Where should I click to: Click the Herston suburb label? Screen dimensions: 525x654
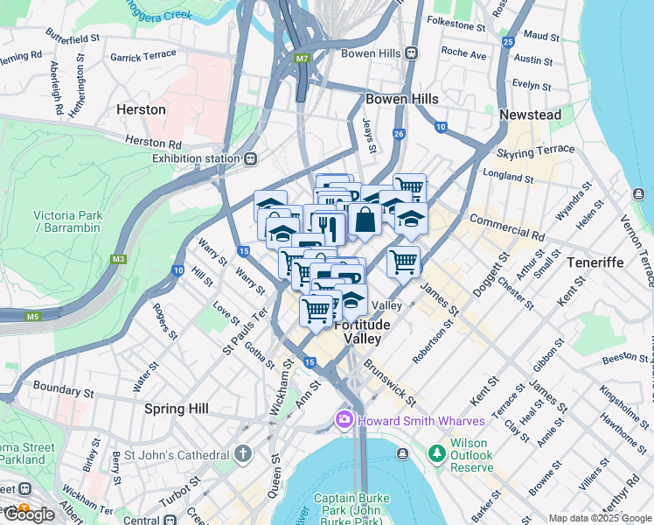coord(141,109)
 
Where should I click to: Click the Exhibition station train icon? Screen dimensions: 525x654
coord(251,158)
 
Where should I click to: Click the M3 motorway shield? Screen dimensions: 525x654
coord(118,259)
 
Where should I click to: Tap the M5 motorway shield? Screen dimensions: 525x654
coord(33,316)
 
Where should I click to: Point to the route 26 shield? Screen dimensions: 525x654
coord(399,134)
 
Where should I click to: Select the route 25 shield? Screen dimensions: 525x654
coord(507,41)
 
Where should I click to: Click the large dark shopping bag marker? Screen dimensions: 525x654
coord(365,220)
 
